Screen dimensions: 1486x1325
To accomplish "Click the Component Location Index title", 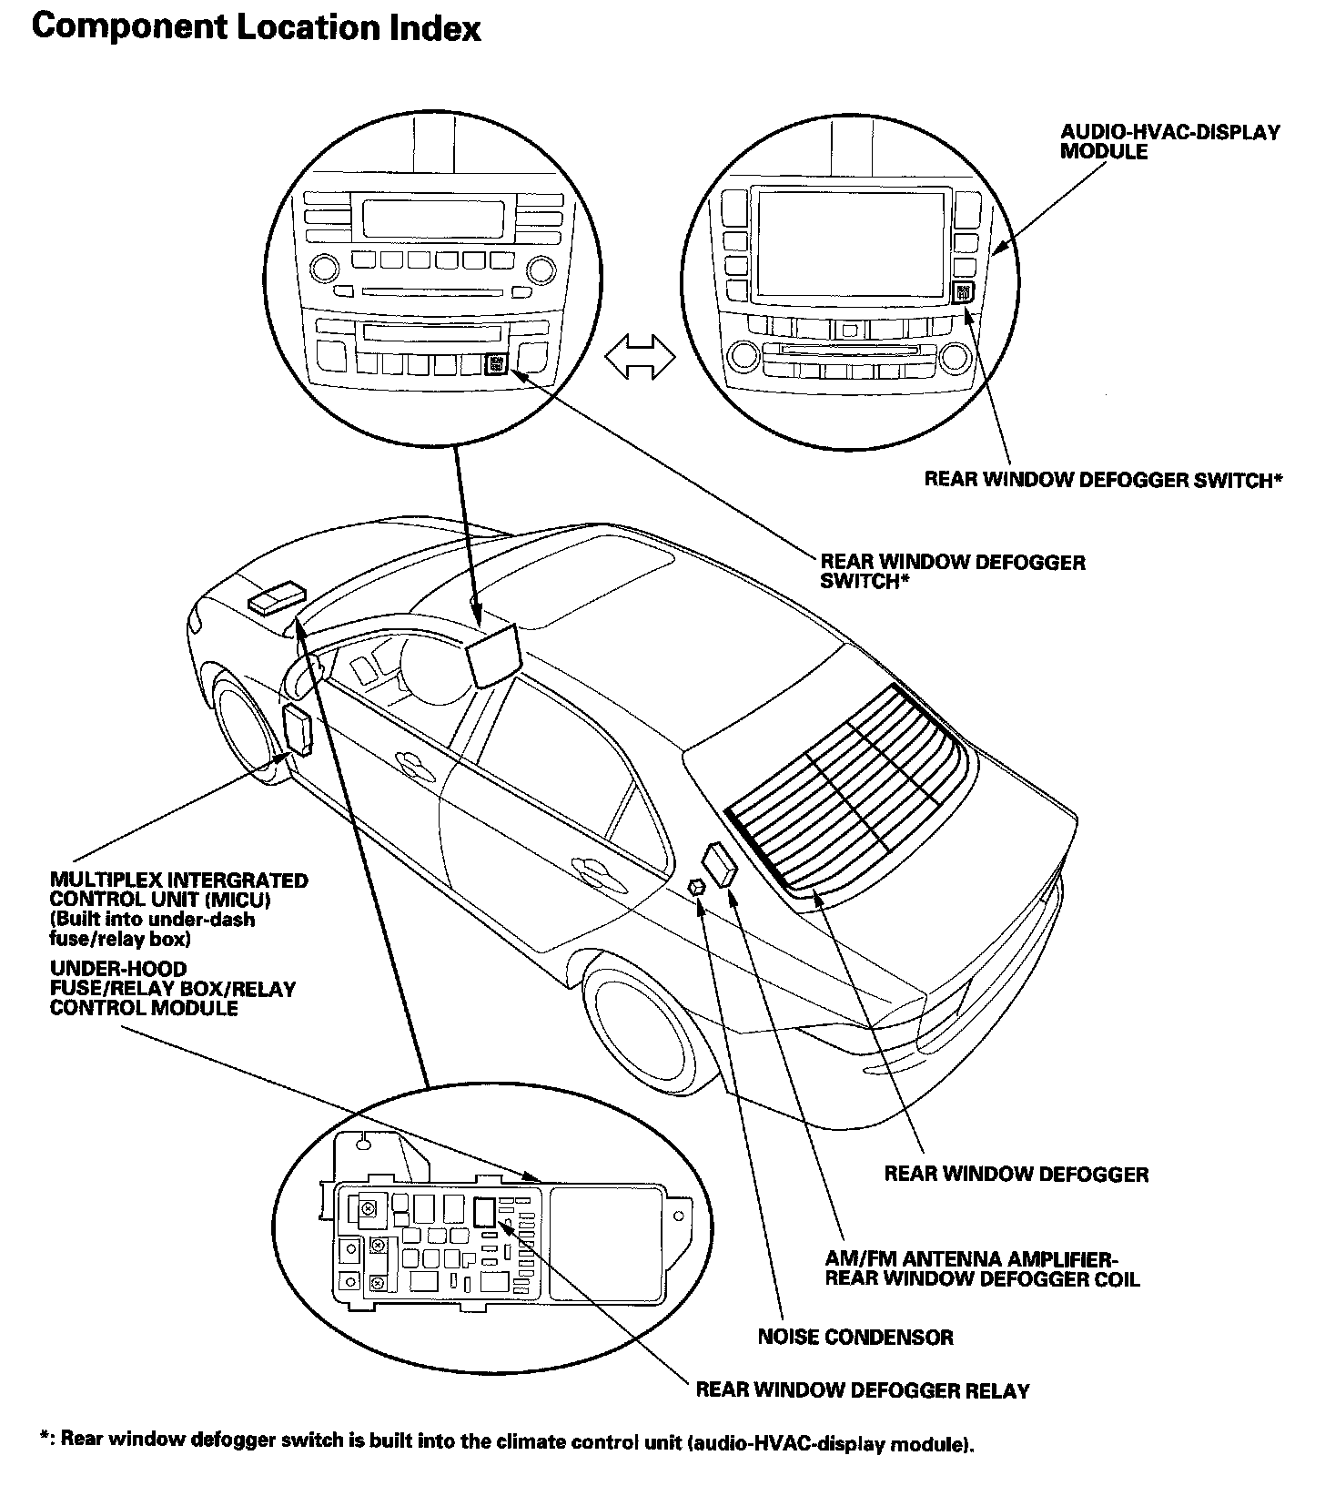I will [x=256, y=28].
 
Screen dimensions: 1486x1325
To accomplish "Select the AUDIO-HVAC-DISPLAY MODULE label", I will [x=1169, y=142].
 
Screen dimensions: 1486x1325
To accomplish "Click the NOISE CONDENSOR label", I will [x=855, y=1338].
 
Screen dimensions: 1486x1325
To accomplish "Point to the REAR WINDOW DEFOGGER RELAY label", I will [x=863, y=1390].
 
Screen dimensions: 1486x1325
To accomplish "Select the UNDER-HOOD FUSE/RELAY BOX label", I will [x=173, y=989].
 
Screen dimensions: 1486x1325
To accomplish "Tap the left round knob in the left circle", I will [x=323, y=269].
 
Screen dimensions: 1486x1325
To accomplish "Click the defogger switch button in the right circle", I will [x=964, y=292].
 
